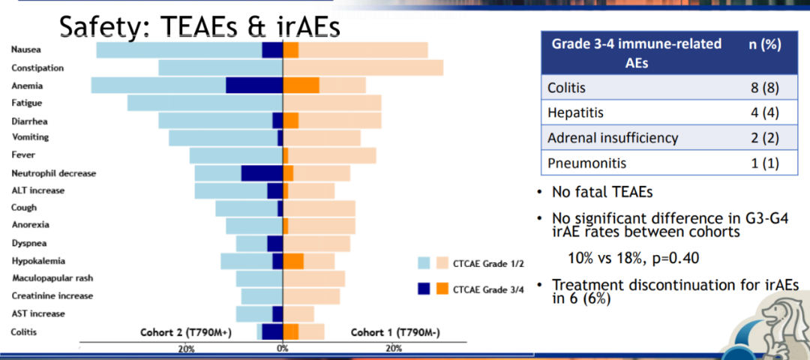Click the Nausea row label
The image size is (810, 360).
26,49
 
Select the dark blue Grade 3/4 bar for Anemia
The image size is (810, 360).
254,85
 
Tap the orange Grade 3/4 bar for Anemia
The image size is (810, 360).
301,85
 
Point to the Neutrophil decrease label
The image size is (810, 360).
54,173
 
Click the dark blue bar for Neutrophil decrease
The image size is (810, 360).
262,173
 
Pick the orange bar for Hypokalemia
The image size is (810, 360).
293,261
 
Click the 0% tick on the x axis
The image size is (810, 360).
282,349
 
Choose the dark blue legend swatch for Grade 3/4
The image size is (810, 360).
424,288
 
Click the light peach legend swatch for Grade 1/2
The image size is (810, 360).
442,263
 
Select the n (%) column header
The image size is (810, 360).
765,44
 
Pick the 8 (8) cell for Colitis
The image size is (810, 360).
765,87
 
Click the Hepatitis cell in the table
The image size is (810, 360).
576,112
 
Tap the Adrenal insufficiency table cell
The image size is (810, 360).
613,138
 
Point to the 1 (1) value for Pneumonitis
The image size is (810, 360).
765,163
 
